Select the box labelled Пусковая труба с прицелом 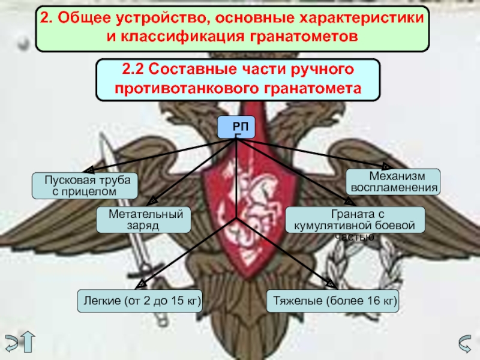coord(85,186)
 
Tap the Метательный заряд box coord(143,220)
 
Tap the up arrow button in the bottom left coord(28,341)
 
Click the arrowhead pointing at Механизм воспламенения coord(386,167)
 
